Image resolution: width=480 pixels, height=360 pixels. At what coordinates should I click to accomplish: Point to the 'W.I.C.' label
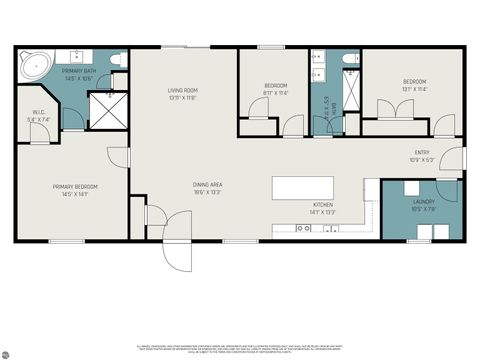pyautogui.click(x=39, y=112)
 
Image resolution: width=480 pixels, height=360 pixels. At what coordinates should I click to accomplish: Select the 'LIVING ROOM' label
pyautogui.click(x=183, y=91)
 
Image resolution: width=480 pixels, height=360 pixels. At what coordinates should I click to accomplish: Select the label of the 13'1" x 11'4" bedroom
pyautogui.click(x=414, y=82)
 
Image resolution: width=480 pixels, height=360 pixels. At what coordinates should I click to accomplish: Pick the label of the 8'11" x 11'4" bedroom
pyautogui.click(x=276, y=86)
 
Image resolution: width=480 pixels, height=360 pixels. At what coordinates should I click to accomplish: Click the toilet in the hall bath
pyautogui.click(x=350, y=61)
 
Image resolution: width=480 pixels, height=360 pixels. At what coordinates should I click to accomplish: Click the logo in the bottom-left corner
pyautogui.click(x=8, y=351)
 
